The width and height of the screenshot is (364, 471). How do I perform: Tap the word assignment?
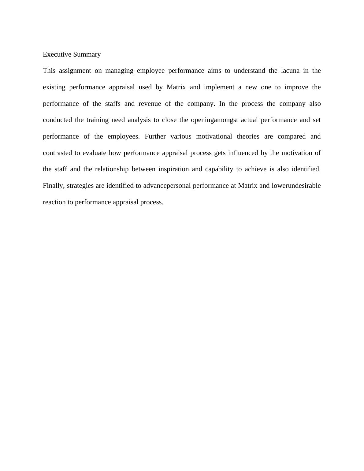[x=75, y=71]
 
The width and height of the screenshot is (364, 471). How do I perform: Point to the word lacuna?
[x=290, y=71]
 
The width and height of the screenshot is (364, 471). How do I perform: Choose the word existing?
[x=54, y=87]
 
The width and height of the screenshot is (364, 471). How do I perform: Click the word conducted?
[x=57, y=120]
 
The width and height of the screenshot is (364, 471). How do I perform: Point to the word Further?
[x=155, y=136]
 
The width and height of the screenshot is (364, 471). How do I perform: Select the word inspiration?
[x=173, y=169]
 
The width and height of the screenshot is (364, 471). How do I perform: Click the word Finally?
[x=54, y=186]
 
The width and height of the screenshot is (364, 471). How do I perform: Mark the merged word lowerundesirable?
[x=296, y=186]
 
